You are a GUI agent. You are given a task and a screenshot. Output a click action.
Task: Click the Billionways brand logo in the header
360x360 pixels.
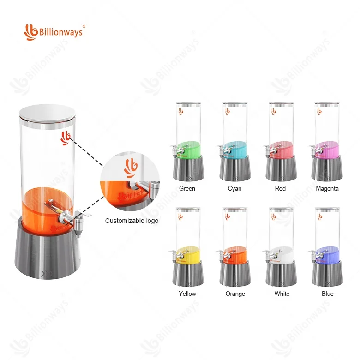click(54, 31)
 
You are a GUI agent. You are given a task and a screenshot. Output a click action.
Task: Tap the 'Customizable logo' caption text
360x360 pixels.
click(132, 221)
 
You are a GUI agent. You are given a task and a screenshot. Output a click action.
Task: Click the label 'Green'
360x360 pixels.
click(187, 188)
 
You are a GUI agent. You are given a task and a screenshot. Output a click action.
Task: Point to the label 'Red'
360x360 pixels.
click(280, 188)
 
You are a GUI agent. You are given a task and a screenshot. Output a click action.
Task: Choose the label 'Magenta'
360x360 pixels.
click(327, 188)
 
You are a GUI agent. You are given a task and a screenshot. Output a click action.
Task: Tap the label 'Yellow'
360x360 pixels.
click(187, 294)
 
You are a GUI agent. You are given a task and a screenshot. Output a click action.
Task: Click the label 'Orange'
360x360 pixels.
click(234, 294)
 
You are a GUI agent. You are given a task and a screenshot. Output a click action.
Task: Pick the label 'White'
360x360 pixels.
click(282, 294)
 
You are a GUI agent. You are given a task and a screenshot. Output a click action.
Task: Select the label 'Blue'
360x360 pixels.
click(328, 294)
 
